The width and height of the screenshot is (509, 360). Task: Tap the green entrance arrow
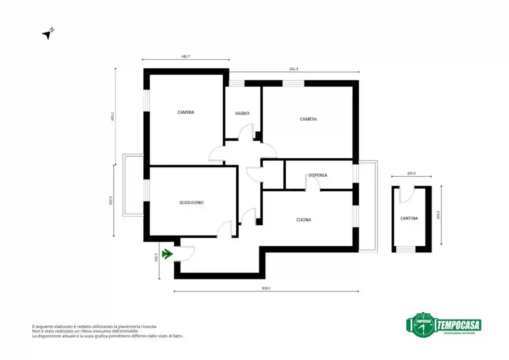click(x=167, y=254)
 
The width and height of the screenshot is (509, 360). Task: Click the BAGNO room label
click(x=242, y=113)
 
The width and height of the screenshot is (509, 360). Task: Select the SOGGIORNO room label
click(x=191, y=203)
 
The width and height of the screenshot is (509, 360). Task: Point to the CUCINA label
click(x=304, y=220)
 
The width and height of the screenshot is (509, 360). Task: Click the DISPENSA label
click(x=318, y=175)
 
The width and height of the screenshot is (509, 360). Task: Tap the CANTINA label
click(x=409, y=218)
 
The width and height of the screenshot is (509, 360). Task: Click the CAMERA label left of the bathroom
click(x=186, y=112)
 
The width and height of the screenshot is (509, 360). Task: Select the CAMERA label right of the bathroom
click(x=308, y=119)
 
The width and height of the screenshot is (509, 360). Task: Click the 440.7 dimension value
click(x=186, y=57)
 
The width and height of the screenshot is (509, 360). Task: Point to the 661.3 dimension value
click(x=294, y=69)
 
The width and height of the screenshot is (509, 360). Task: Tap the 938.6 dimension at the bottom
click(x=266, y=288)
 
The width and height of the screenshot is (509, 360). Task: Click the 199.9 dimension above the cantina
click(x=411, y=174)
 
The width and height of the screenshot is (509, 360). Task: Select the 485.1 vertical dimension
click(x=113, y=117)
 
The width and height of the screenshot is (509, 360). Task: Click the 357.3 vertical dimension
click(x=111, y=201)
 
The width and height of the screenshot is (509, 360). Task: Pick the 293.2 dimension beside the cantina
click(x=438, y=215)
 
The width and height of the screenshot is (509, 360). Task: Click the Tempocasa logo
click(x=443, y=325)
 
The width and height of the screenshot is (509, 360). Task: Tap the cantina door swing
click(x=407, y=195)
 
